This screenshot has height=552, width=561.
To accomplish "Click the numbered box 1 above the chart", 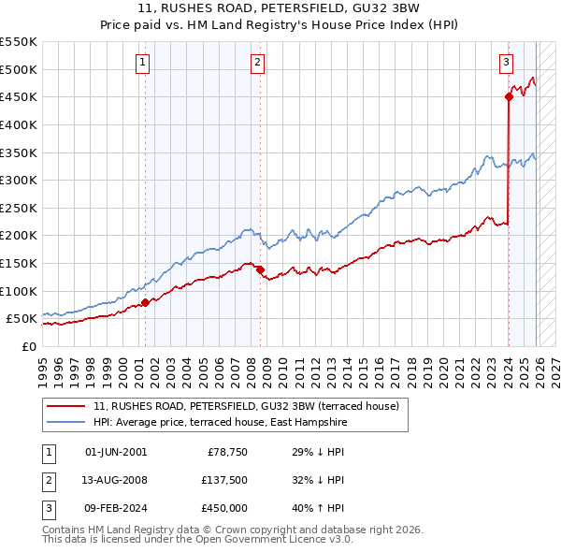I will coord(142,63).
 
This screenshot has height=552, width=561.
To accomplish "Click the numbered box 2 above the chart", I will coord(257,63).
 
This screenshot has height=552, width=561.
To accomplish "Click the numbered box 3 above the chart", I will coord(506,63).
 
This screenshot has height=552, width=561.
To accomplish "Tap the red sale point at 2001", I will coord(145,302).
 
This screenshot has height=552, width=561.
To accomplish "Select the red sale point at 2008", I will coord(260,269).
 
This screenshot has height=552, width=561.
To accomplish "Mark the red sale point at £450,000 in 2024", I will coord(509,95).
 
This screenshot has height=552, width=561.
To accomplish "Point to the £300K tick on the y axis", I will coord(19,180).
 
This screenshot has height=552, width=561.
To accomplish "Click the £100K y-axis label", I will coord(19,291).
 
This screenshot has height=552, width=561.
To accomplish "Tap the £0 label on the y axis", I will coord(27,346).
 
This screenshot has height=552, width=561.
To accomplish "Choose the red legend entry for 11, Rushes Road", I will coord(247,406).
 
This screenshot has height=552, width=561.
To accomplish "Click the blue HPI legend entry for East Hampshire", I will coord(220,422).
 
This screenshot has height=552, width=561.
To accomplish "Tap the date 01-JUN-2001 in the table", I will coord(116,452).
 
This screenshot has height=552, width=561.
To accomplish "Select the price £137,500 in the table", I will coord(225,480).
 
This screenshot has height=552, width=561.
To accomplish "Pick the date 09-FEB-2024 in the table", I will coord(116,508).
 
